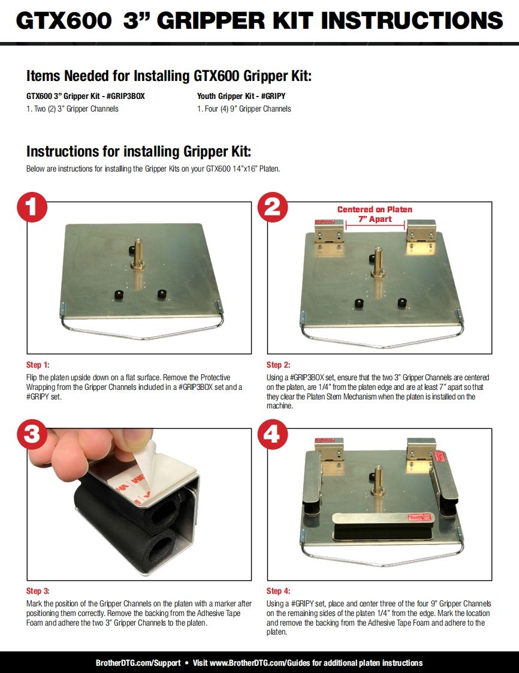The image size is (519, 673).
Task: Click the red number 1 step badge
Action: tap(32, 207)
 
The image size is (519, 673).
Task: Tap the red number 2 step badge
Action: tap(272, 207)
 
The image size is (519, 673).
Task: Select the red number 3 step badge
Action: tap(32, 434)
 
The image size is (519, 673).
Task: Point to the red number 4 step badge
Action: tap(272, 434)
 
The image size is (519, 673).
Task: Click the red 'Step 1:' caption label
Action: tap(38, 365)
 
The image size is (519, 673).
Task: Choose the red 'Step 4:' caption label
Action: tap(278, 591)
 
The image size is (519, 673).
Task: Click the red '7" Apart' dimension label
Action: tap(375, 219)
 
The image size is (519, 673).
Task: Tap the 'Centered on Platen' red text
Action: tap(375, 209)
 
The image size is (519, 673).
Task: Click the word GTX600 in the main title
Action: tap(64, 20)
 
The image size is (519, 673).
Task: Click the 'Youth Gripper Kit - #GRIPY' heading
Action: tap(241, 96)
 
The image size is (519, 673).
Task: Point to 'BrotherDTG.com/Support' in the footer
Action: tap(138, 663)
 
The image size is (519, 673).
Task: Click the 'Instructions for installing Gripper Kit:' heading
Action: tap(138, 152)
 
